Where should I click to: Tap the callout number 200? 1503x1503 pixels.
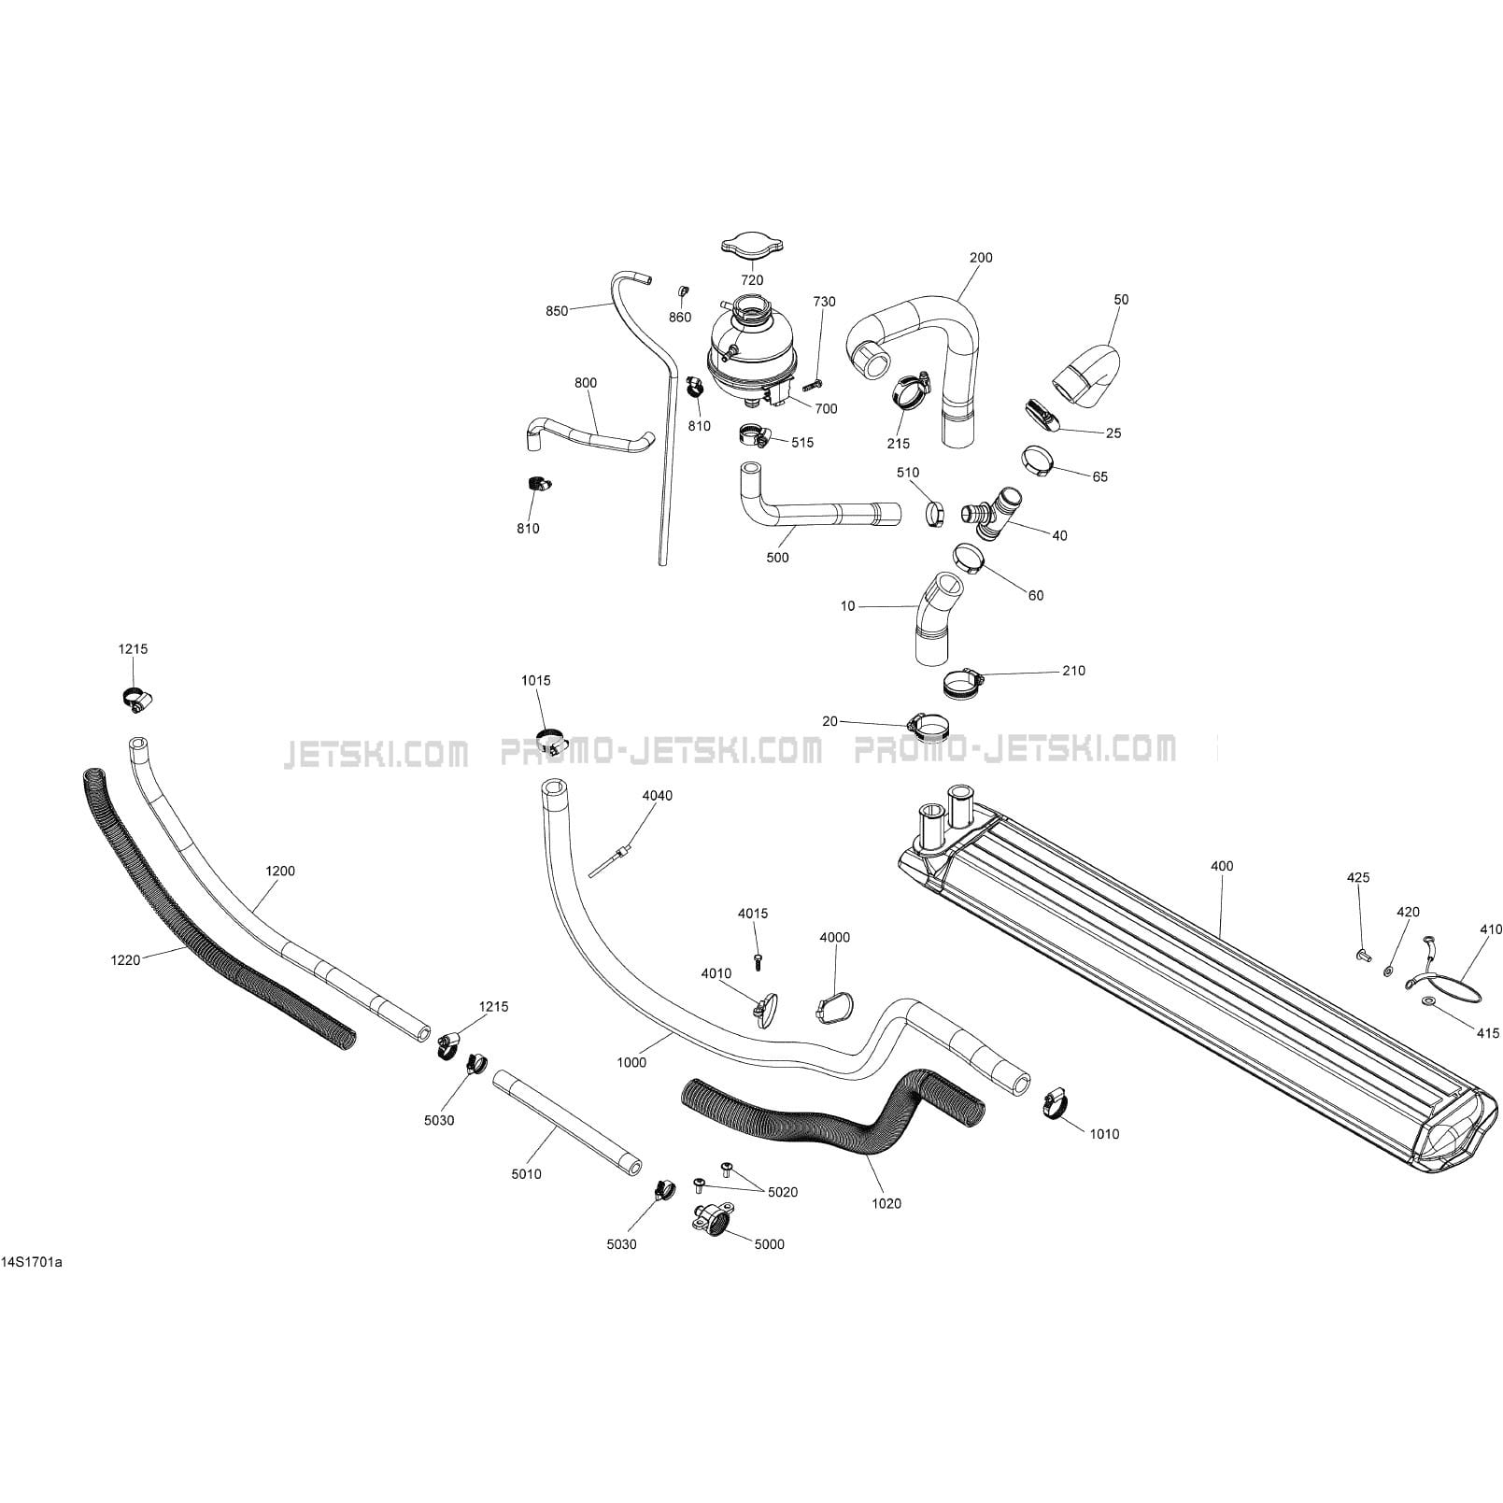981,257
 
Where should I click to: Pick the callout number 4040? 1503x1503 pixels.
657,795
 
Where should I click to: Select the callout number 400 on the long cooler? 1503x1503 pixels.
1221,866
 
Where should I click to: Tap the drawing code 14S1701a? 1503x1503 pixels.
32,1263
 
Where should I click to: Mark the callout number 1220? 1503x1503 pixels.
125,959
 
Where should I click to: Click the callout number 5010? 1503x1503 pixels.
526,1174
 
